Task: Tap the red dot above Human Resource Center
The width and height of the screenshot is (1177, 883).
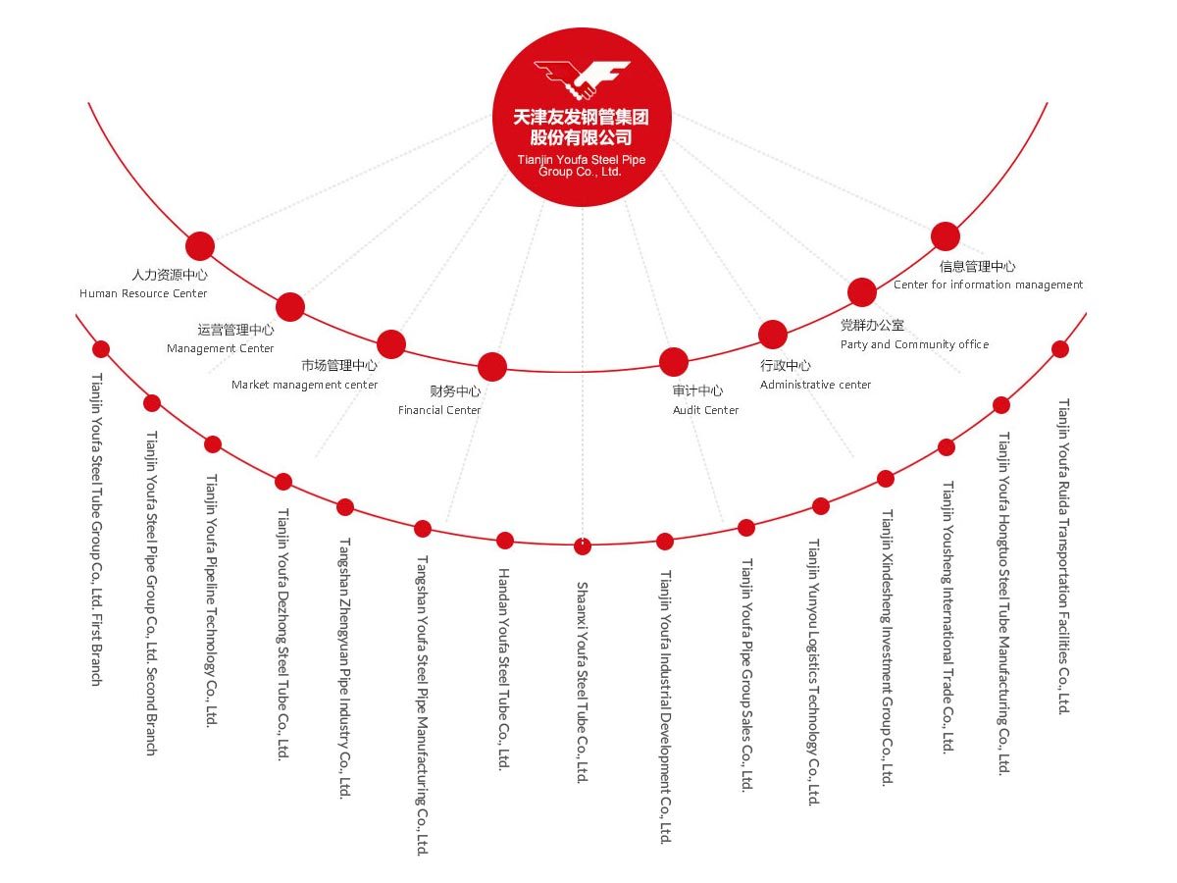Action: [199, 246]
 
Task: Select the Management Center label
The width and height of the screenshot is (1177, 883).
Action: [221, 348]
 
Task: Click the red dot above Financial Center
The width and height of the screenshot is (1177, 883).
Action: [491, 367]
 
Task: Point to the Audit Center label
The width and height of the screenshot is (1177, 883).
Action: [705, 409]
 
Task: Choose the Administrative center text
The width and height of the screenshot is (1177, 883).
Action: [815, 384]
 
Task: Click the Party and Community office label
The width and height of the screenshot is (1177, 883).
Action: [914, 343]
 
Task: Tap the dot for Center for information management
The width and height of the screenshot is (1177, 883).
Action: [945, 236]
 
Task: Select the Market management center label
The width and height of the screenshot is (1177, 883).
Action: [305, 384]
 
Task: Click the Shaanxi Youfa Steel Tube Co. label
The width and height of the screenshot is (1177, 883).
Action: [583, 682]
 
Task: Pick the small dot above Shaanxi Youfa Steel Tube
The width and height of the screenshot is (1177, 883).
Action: [583, 546]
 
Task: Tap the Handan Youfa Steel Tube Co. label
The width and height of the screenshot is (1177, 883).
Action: [504, 669]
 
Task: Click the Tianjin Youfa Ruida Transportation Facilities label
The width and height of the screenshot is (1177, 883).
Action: [1063, 556]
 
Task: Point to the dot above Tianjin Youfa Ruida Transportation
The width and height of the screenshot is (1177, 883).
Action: [1060, 349]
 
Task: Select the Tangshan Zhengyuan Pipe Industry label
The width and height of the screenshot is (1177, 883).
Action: [345, 668]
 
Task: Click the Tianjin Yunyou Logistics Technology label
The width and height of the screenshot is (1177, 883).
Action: [814, 672]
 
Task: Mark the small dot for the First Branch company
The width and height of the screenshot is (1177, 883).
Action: [101, 349]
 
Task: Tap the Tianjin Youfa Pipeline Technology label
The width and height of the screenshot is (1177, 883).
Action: [212, 599]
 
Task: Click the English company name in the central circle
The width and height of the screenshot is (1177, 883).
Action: [582, 166]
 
